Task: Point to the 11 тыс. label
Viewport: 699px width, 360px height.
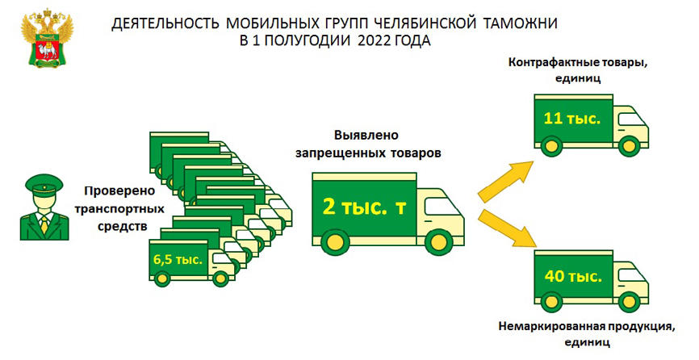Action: (x=571, y=119)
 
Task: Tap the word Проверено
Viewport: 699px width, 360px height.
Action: (x=117, y=191)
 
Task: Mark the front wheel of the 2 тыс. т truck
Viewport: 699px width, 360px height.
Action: (x=437, y=241)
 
